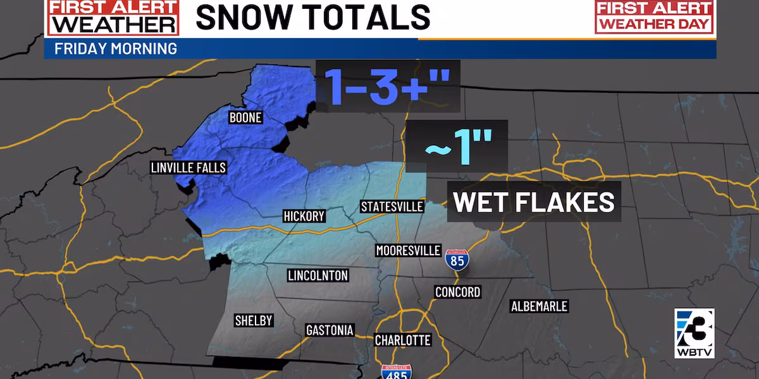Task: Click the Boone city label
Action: coord(245,118)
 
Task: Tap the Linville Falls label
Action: coord(188,168)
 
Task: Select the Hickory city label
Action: coord(304,217)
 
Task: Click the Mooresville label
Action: coord(408,250)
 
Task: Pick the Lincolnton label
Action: coord(318,275)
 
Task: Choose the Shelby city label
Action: coord(253,320)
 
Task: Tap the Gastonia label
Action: coord(330,330)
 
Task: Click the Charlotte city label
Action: coord(402,340)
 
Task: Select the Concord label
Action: coord(457,292)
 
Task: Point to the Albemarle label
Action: coord(539,306)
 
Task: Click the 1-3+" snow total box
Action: coord(387,85)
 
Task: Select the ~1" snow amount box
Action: coord(456,146)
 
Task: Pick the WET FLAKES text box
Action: coord(534,202)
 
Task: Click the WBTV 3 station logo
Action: coord(694,332)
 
